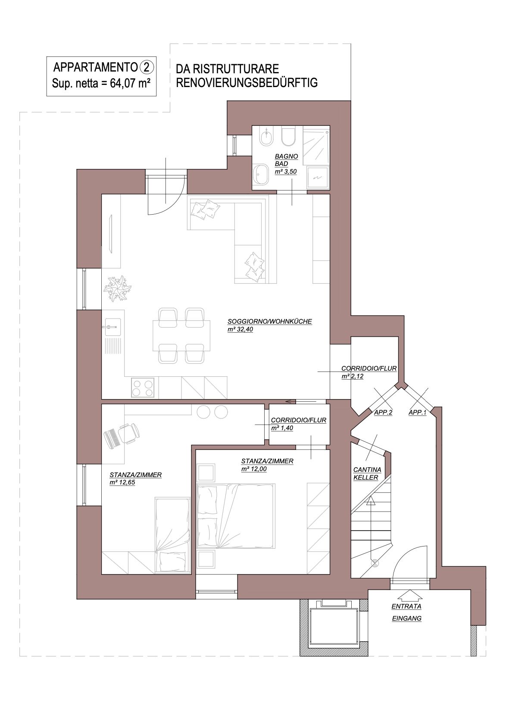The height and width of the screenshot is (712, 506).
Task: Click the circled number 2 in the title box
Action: tap(147, 67)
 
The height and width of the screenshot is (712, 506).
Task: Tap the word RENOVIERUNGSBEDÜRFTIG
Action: tap(247, 82)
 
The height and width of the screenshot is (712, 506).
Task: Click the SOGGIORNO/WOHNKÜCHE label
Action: tap(269, 322)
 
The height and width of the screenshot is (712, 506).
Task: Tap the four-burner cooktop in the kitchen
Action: tap(143, 387)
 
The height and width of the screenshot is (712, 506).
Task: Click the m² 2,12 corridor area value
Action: tap(352, 376)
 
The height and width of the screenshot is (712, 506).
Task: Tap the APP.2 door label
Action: tap(383, 412)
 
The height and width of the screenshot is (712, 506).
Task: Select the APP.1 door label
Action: tap(417, 412)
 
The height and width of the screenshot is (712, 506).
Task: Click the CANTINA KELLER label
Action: tap(365, 474)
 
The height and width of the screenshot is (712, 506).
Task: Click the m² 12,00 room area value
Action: tap(254, 469)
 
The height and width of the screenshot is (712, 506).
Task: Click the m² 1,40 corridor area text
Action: tap(282, 428)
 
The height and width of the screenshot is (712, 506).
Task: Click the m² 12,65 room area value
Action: tap(122, 482)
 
